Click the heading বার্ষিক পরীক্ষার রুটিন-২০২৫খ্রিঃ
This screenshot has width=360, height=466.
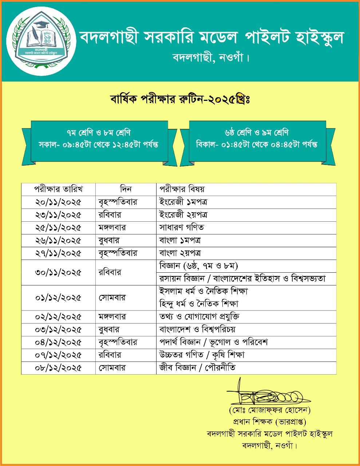pyautogui.click(x=179, y=99)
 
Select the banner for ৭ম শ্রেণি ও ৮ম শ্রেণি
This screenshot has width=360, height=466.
pyautogui.click(x=99, y=139)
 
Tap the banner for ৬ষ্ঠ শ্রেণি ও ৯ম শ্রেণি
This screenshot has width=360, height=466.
pyautogui.click(x=257, y=139)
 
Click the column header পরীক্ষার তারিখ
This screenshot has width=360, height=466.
pyautogui.click(x=59, y=189)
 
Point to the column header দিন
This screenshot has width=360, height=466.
pyautogui.click(x=126, y=189)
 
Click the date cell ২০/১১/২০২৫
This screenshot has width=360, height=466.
pyautogui.click(x=59, y=202)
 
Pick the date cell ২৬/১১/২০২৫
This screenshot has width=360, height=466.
pyautogui.click(x=59, y=240)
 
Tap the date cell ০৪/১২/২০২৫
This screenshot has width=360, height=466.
pyautogui.click(x=59, y=342)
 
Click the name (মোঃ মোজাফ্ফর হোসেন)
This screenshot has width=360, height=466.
pyautogui.click(x=270, y=411)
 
